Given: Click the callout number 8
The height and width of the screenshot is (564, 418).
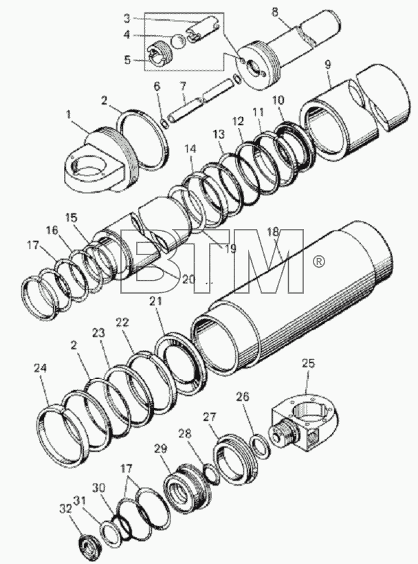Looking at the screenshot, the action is (274, 12).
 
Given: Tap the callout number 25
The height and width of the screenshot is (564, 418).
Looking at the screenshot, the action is (308, 363).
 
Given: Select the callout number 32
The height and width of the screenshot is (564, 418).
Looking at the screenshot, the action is (66, 510).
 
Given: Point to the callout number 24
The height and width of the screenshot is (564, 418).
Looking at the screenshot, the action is (41, 368).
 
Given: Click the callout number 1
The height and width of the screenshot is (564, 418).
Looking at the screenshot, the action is (68, 115).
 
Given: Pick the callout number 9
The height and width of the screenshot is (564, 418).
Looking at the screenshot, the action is (328, 65).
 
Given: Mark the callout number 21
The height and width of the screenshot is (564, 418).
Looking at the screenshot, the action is (156, 301).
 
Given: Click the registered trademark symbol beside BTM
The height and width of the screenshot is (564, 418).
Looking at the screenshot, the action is (319, 262).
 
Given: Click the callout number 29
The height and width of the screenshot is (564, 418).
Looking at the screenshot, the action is (161, 448).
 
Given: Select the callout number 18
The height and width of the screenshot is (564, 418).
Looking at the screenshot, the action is (273, 232).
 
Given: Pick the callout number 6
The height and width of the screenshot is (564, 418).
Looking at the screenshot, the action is (156, 87).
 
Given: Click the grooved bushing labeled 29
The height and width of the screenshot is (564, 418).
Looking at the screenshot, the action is (187, 486).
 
